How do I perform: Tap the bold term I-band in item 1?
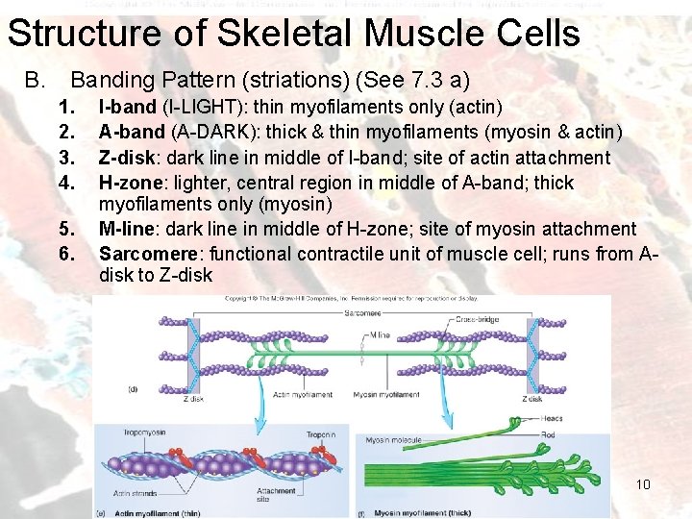[127, 107]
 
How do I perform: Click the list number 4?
[65, 182]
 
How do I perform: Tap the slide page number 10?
[643, 483]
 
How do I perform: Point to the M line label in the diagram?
[381, 335]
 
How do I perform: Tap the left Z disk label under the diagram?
[192, 399]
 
